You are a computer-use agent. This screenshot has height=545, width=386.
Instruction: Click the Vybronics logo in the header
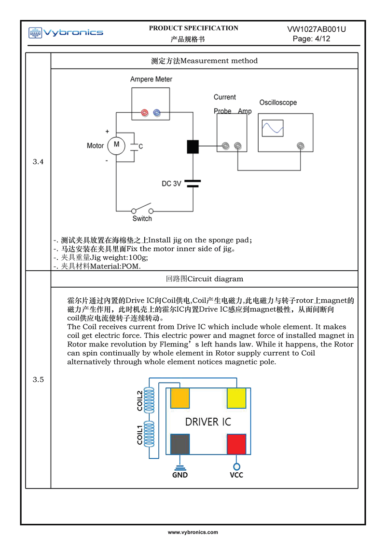pyautogui.click(x=66, y=33)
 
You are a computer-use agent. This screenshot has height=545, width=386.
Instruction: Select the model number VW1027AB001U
pyautogui.click(x=316, y=29)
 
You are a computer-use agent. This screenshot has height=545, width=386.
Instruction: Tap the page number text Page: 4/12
pyautogui.click(x=312, y=39)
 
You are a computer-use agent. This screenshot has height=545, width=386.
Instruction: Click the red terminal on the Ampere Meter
pyautogui.click(x=144, y=112)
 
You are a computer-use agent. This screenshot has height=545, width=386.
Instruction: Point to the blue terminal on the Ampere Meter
pyautogui.click(x=156, y=112)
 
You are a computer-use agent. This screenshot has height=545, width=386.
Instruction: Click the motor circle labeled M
pyautogui.click(x=116, y=145)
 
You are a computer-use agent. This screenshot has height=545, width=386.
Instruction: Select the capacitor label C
pyautogui.click(x=140, y=146)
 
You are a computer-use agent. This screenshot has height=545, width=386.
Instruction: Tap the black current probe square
pyautogui.click(x=193, y=146)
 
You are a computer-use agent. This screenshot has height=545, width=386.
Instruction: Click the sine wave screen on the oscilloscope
pyautogui.click(x=273, y=128)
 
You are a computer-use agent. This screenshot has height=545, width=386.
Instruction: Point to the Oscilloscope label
pyautogui.click(x=278, y=103)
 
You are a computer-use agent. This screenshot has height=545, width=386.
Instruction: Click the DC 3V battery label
pyautogui.click(x=171, y=184)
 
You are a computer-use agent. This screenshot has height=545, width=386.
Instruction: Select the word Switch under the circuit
pyautogui.click(x=142, y=219)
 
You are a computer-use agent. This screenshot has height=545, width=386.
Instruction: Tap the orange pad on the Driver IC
pyautogui.click(x=180, y=399)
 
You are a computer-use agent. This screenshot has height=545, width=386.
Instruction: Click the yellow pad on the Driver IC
pyautogui.click(x=236, y=399)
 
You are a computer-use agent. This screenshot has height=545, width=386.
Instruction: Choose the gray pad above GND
pyautogui.click(x=180, y=444)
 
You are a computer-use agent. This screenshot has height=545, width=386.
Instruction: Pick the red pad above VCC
pyautogui.click(x=236, y=444)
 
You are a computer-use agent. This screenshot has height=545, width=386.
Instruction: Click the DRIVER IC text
pyautogui.click(x=208, y=422)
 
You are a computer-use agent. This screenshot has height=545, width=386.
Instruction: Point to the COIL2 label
pyautogui.click(x=140, y=400)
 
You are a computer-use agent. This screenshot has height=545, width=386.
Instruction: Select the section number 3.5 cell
pyautogui.click(x=38, y=380)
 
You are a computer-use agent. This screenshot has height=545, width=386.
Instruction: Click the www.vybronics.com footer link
pyautogui.click(x=193, y=532)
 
